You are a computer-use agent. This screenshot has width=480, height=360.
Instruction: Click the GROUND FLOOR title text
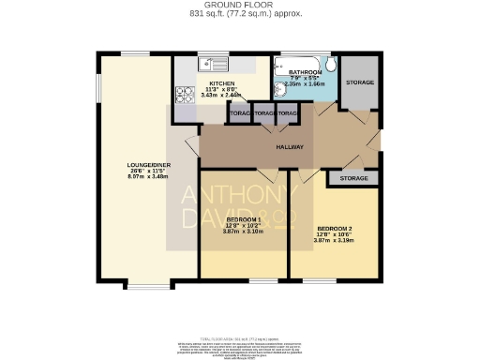(240, 5)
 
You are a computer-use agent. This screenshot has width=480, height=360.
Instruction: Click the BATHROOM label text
(306, 72)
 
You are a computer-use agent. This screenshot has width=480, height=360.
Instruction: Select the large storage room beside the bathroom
(359, 82)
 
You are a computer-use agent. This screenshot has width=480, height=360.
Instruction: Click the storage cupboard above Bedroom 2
(353, 177)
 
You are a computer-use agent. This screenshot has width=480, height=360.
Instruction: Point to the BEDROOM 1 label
(245, 219)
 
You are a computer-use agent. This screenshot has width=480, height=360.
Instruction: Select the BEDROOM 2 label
(336, 229)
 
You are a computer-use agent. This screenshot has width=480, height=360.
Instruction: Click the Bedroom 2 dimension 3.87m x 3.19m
(336, 242)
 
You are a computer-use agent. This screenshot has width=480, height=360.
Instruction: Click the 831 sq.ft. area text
(239, 14)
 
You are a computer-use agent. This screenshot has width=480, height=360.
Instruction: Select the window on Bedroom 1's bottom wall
(264, 278)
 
